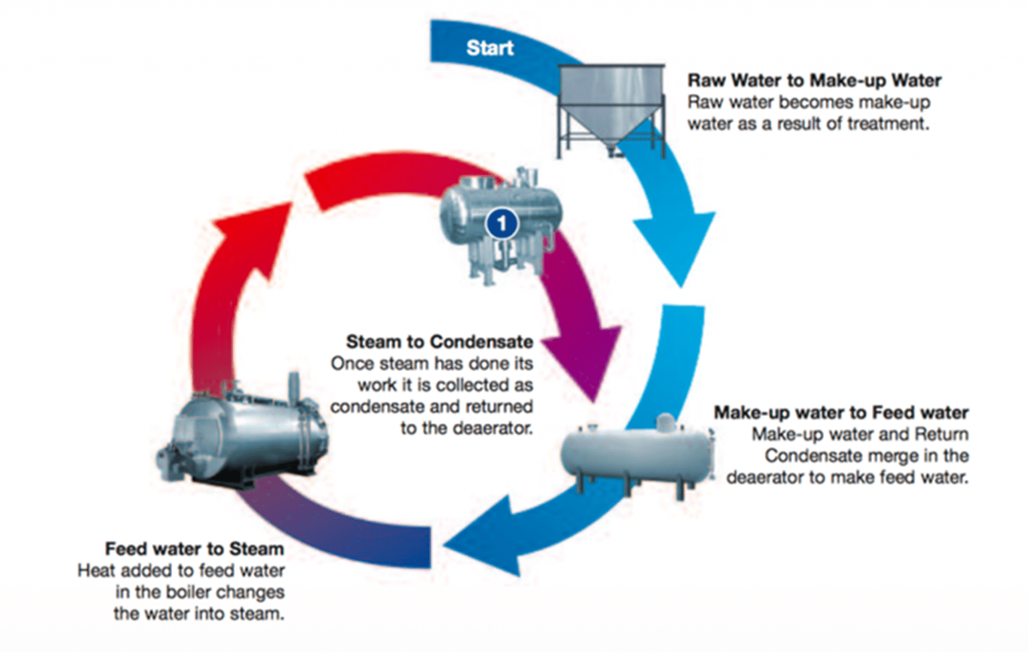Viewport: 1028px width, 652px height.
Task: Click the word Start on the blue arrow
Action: coord(490,48)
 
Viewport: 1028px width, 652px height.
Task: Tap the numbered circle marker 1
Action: coord(502,223)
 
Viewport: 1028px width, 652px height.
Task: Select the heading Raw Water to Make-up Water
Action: coord(815,80)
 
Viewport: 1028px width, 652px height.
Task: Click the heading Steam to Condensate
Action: coord(439,342)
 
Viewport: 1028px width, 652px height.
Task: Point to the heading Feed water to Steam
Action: coord(194,549)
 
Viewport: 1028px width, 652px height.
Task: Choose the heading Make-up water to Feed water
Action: coord(841,413)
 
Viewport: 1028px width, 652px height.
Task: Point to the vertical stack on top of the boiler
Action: coord(293,388)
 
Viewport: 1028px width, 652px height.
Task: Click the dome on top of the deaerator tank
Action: coord(665,423)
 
